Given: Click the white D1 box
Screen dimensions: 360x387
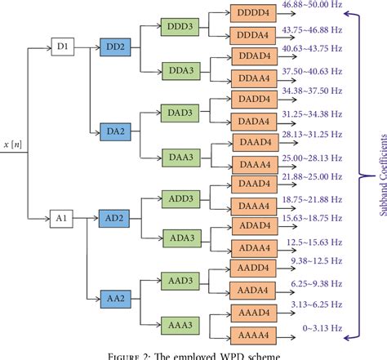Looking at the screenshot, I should click(x=63, y=47).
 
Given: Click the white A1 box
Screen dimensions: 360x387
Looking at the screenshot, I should click(x=63, y=217).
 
